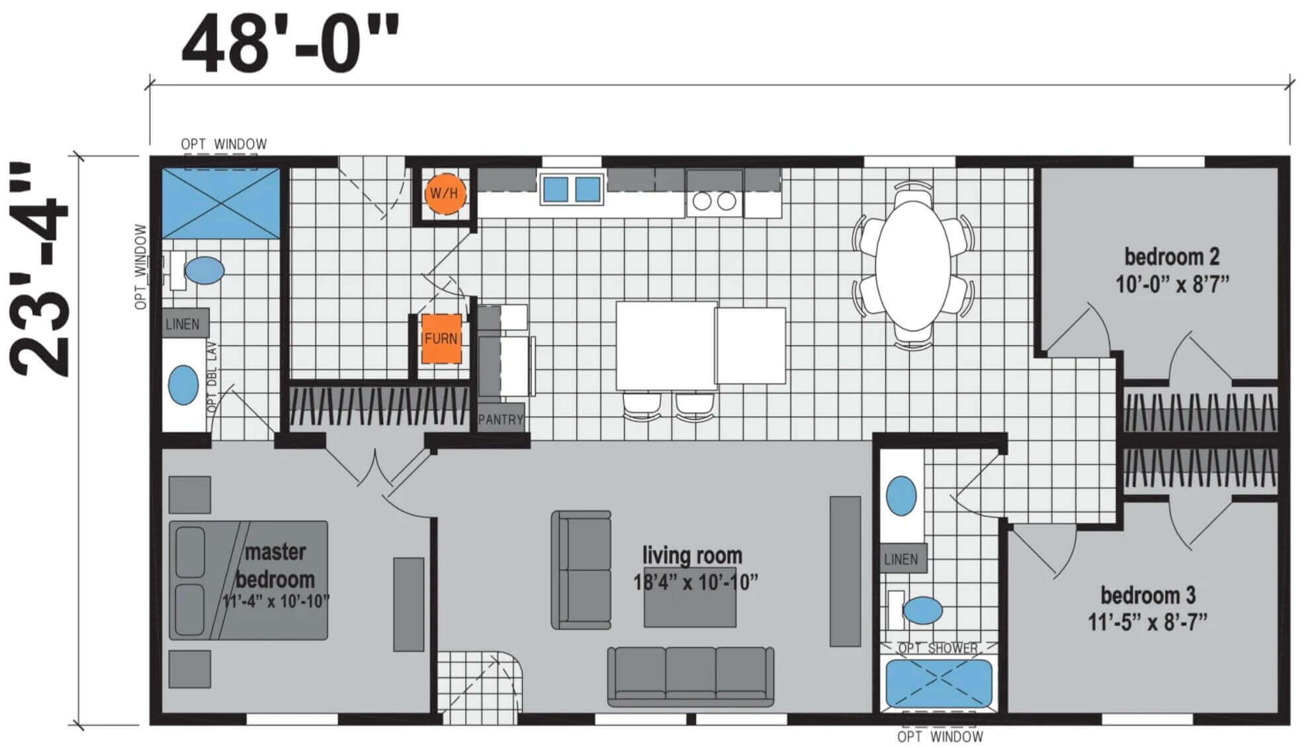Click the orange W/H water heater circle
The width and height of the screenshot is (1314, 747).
(444, 194)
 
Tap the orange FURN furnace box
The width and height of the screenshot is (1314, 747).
(441, 338)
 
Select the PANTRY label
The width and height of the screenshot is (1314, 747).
(501, 419)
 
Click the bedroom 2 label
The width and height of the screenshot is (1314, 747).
(1172, 256)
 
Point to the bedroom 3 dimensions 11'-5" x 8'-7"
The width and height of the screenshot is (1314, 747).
(1148, 622)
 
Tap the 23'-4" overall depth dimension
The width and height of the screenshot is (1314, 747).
(40, 269)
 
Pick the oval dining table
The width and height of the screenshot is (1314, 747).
(914, 266)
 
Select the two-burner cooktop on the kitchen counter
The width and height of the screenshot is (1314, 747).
(714, 201)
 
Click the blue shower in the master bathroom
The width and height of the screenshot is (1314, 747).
(221, 203)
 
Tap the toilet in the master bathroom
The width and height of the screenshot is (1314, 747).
(196, 270)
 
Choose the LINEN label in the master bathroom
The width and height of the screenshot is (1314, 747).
(183, 324)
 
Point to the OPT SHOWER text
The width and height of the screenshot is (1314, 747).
(938, 649)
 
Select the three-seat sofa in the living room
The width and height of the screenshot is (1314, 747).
(691, 676)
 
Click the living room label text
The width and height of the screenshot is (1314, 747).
(693, 555)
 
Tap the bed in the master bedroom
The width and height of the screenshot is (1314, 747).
(248, 580)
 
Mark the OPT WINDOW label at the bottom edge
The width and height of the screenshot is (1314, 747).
(940, 736)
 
